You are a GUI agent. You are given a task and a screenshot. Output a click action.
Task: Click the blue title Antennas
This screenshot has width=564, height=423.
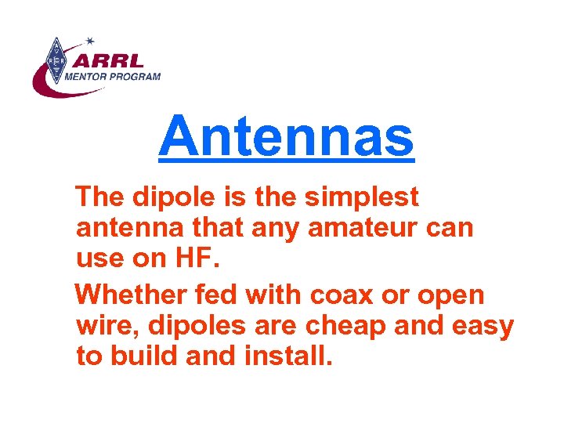[286, 135]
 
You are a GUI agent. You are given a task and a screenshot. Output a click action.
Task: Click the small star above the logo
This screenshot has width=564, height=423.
[90, 40]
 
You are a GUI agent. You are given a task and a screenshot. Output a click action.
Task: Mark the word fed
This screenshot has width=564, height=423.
[220, 295]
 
